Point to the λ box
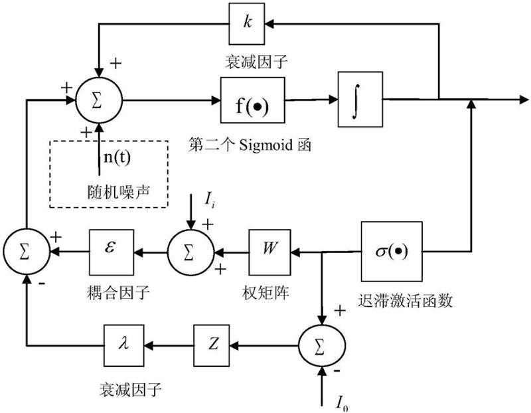coord(125,345)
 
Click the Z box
coord(214,345)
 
